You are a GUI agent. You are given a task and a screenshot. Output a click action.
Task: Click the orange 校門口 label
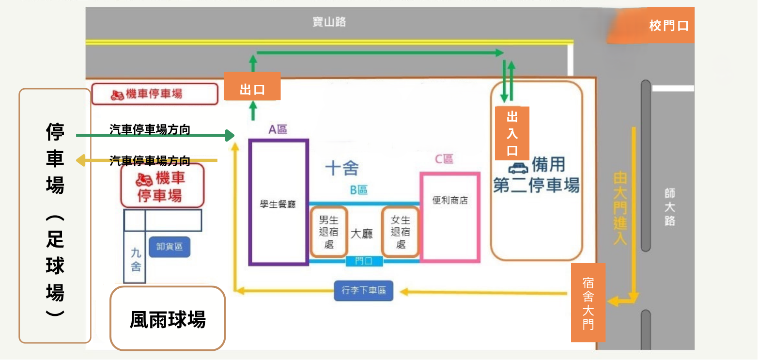point(668,26)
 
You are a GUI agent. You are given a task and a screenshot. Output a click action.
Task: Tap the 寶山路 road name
point(329,22)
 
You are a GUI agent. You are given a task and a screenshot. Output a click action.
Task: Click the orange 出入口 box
point(512,133)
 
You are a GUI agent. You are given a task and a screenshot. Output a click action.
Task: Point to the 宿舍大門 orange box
point(588,302)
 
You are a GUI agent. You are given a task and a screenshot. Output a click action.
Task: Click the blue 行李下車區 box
point(363,291)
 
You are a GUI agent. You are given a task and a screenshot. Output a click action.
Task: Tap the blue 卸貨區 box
point(170,247)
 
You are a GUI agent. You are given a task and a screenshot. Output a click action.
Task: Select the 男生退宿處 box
point(329,232)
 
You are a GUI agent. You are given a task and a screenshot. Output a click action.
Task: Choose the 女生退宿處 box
point(401,232)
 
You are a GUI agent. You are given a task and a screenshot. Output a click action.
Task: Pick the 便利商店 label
point(450,200)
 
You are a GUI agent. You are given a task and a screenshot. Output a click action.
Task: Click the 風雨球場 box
point(168,319)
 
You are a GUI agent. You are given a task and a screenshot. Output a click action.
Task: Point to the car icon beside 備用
point(518,168)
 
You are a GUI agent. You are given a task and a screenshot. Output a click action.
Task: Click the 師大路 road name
point(670,207)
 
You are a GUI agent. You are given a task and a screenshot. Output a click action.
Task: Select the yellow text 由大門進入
point(620,208)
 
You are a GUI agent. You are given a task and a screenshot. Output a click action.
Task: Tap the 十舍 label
point(341,168)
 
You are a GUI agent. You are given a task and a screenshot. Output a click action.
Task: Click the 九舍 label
point(136,259)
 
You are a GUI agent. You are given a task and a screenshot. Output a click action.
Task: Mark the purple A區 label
point(278,129)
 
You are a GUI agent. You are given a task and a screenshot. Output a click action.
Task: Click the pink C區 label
point(444,159)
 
